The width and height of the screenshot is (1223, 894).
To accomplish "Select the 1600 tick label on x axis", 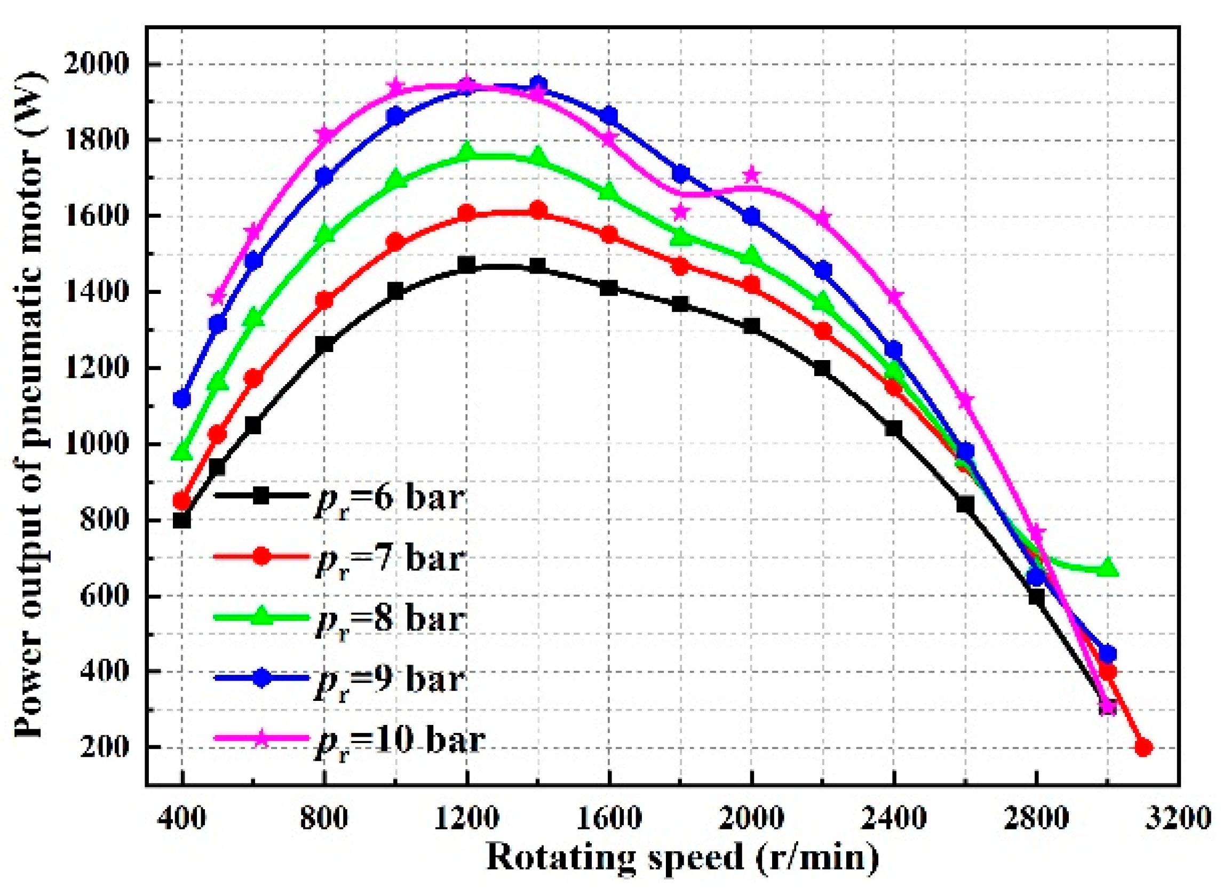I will [x=608, y=818].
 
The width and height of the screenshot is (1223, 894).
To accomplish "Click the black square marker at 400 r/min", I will [x=181, y=520].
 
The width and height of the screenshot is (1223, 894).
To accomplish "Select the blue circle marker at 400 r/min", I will [x=181, y=399].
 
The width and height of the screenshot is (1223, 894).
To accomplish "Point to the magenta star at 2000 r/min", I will [x=751, y=174].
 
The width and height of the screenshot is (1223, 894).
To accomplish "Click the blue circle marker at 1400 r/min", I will [x=538, y=84].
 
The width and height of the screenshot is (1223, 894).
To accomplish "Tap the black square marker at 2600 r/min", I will [x=965, y=505].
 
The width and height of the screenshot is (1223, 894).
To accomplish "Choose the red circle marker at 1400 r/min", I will [x=538, y=210].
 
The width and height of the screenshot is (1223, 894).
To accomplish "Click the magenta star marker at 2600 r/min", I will [x=965, y=400].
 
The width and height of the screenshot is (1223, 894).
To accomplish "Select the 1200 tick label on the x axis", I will [x=466, y=818].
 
